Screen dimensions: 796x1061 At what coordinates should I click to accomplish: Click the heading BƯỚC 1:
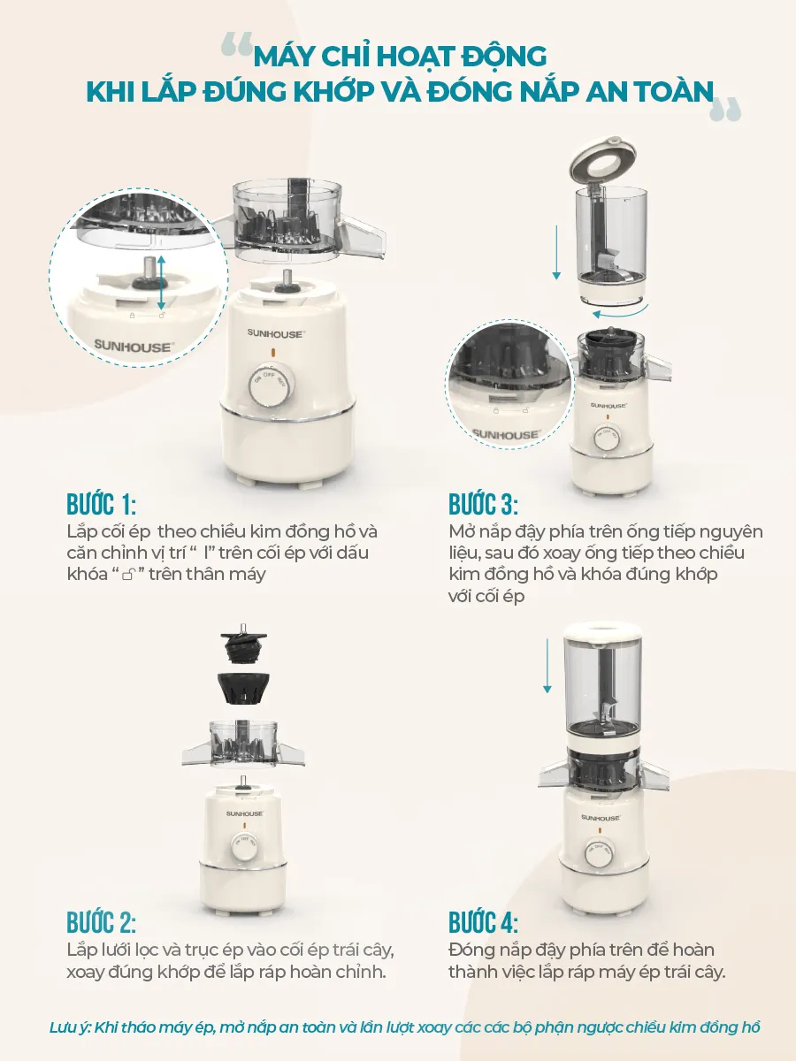point(102,505)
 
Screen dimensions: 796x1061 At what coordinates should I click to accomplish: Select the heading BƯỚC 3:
point(483,505)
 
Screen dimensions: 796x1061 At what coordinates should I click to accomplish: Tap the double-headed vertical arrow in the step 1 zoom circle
point(162,283)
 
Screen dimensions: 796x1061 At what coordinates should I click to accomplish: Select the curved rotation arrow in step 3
point(622,312)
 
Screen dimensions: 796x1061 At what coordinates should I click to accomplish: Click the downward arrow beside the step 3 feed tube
point(557,252)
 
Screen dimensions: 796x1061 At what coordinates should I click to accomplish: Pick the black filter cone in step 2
point(243,687)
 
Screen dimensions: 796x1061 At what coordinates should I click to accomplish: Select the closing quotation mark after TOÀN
point(725,110)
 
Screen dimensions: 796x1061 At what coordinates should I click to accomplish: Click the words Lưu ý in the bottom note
point(70,1027)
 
